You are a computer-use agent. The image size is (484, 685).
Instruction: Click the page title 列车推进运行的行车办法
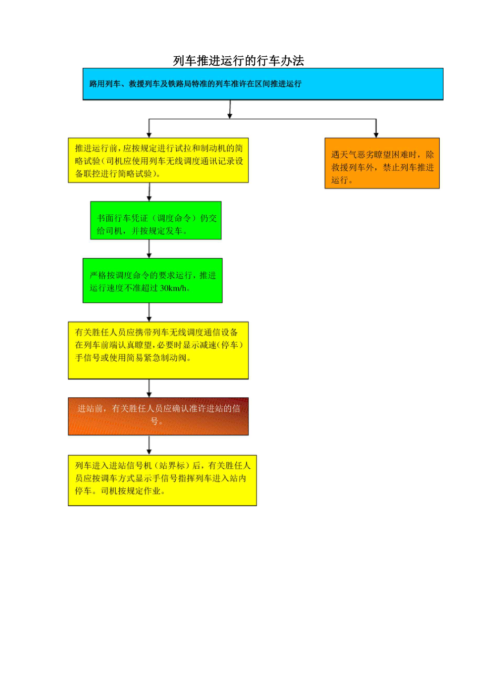pyautogui.click(x=238, y=61)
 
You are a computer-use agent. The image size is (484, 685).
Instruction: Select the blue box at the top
pyautogui.click(x=263, y=84)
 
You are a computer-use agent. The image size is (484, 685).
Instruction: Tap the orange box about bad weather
pyautogui.click(x=381, y=163)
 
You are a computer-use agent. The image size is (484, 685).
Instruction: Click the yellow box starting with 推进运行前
pyautogui.click(x=158, y=160)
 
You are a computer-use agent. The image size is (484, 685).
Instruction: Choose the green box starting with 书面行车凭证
pyautogui.click(x=156, y=220)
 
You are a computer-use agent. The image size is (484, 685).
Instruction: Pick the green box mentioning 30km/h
pyautogui.click(x=152, y=280)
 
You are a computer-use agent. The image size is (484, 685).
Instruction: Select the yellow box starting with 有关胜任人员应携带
pyautogui.click(x=158, y=350)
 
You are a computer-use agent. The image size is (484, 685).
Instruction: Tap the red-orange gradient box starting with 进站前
pyautogui.click(x=158, y=416)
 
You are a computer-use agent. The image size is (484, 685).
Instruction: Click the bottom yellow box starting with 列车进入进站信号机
pyautogui.click(x=162, y=480)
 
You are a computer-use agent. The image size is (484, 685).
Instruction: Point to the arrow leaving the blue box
pyautogui.click(x=230, y=109)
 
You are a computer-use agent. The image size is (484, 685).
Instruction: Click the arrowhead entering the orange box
pyautogui.click(x=376, y=134)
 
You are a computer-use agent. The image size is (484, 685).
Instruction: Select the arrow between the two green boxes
pyautogui.click(x=149, y=249)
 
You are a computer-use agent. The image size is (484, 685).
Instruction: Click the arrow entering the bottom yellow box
pyautogui.click(x=149, y=445)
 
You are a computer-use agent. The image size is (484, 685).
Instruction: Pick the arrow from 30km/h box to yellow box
pyautogui.click(x=149, y=313)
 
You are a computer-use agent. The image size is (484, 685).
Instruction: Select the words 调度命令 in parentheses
pyautogui.click(x=176, y=218)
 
